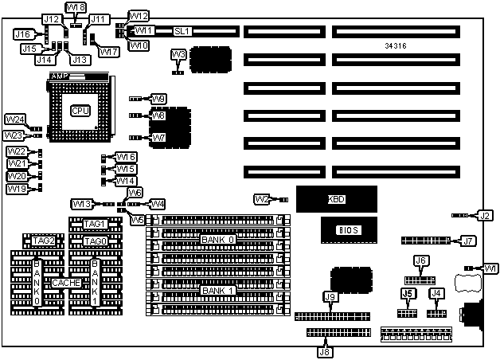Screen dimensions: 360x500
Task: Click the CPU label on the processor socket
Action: point(80,110)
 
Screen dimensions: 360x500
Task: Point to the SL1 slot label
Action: point(182,31)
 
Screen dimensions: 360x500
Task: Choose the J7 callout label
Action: point(468,240)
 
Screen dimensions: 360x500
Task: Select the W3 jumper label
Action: point(180,53)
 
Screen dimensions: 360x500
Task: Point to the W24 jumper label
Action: point(15,119)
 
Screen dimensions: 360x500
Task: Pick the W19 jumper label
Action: point(17,189)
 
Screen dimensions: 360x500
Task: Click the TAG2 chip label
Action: point(43,241)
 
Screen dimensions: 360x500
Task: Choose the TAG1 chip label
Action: point(95,224)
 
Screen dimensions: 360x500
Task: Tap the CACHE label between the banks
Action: point(64,282)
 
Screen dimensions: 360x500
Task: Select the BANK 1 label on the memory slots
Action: point(217,290)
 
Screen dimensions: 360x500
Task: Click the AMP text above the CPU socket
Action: point(58,76)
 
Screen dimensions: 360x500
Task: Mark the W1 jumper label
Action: point(490,268)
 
